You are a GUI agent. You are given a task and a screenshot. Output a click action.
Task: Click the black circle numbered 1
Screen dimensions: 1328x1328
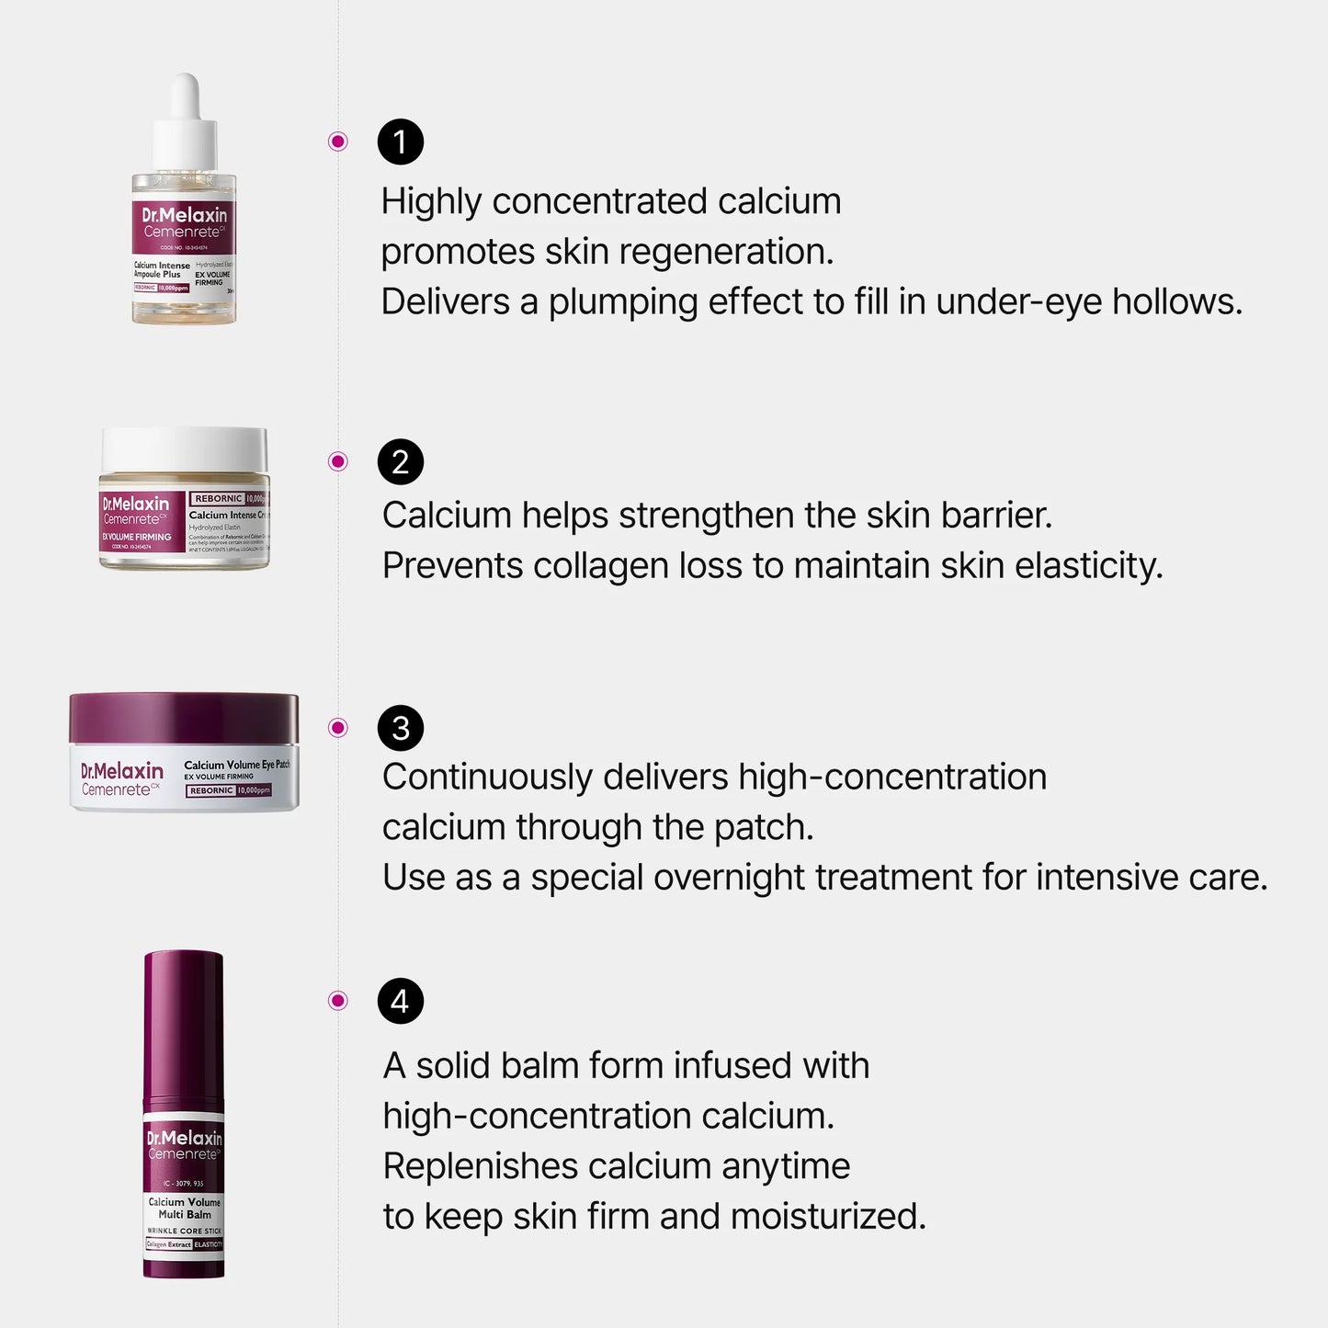tap(400, 142)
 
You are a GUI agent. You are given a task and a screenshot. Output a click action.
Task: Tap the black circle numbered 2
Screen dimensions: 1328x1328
tap(400, 461)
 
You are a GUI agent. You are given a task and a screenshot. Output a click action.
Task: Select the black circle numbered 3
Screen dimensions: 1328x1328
tap(400, 728)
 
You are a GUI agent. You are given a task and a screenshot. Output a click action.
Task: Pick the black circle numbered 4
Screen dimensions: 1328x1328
tap(400, 1001)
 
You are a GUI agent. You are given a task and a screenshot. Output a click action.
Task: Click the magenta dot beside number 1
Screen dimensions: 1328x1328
tap(338, 142)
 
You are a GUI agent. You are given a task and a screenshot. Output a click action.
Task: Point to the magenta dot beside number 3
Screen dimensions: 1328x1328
tap(338, 728)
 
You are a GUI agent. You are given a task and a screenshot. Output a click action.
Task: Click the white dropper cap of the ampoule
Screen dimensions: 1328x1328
tap(186, 124)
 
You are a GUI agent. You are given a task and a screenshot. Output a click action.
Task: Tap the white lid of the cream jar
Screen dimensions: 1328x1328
tap(185, 449)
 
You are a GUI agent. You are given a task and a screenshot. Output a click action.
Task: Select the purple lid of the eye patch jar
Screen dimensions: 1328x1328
tap(184, 718)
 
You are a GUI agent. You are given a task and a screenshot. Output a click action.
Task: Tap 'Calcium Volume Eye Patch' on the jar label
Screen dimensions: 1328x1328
tap(236, 765)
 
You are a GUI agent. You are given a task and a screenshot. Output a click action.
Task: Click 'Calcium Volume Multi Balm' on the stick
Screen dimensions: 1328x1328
tap(185, 1208)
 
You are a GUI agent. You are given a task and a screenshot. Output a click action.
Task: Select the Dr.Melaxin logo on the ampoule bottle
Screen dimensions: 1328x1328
tap(184, 215)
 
